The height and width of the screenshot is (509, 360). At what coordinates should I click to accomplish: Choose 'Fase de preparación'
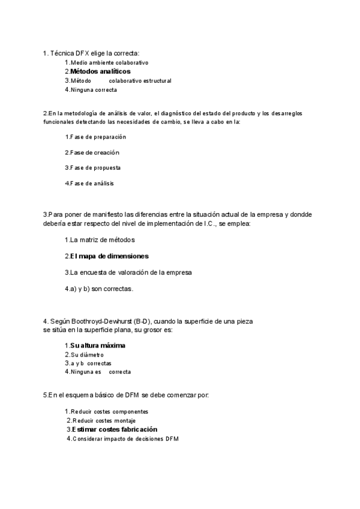[x=98, y=137]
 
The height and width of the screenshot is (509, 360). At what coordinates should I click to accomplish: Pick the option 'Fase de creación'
[x=95, y=152]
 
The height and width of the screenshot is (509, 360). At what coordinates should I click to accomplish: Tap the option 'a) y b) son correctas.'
[x=101, y=289]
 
